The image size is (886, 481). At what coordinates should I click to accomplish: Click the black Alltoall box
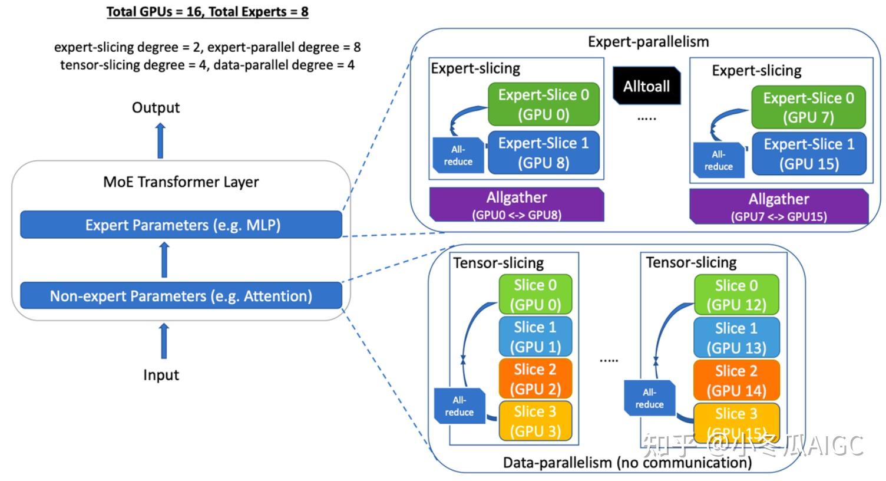(x=646, y=86)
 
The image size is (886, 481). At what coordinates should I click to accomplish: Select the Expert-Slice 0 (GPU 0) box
(x=543, y=104)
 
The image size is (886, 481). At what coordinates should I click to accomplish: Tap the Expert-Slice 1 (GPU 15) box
(x=809, y=154)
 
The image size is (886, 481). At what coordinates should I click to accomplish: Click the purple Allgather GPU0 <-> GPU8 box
(x=516, y=205)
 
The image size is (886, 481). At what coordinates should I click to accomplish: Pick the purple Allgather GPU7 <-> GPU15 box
(x=778, y=206)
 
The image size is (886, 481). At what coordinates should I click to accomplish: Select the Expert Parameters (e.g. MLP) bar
(x=181, y=225)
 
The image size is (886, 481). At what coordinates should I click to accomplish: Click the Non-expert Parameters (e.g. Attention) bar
(x=181, y=296)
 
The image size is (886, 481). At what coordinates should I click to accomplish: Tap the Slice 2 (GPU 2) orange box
(x=535, y=379)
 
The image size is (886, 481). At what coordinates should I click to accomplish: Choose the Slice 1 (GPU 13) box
(x=736, y=338)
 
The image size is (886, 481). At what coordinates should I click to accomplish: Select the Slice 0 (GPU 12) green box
(x=736, y=295)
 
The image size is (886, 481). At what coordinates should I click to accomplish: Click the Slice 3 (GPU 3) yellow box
(x=535, y=421)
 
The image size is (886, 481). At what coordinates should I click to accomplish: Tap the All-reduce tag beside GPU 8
(x=458, y=156)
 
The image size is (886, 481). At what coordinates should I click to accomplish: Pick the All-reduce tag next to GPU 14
(x=649, y=398)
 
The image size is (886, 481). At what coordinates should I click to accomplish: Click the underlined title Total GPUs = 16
(x=207, y=12)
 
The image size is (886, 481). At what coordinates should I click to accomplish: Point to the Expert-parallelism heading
(x=648, y=41)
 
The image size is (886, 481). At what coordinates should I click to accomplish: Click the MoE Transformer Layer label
(x=181, y=182)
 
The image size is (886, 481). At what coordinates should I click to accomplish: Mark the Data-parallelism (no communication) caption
(x=627, y=463)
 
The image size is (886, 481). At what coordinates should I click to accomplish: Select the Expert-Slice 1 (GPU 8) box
(x=543, y=153)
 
